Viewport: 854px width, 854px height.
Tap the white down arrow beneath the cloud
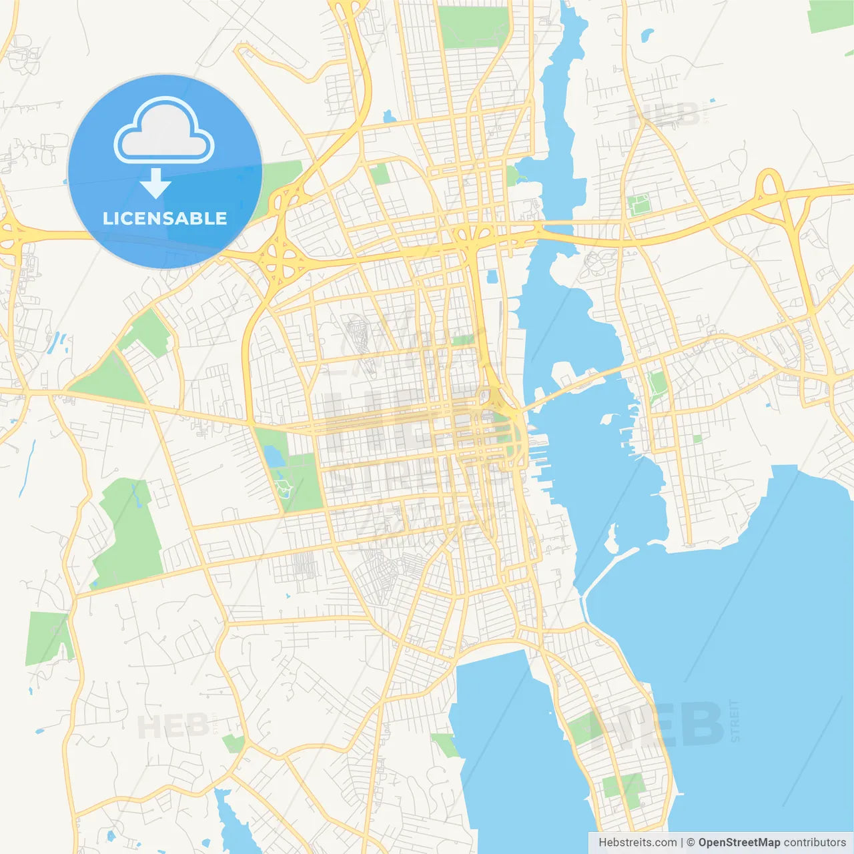[156, 183]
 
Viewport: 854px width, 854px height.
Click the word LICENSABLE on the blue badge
[165, 218]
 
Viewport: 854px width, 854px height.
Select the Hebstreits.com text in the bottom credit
[637, 843]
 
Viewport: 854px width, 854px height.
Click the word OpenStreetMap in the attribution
[739, 843]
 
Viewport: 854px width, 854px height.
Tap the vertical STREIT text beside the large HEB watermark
[735, 721]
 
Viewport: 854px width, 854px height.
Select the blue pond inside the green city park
[274, 456]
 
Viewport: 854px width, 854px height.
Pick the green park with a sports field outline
[639, 204]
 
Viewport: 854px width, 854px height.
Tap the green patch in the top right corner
[830, 16]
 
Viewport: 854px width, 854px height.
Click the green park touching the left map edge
[47, 637]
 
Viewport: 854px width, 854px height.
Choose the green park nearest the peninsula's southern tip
[623, 787]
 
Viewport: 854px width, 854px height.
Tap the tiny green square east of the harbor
[697, 439]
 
